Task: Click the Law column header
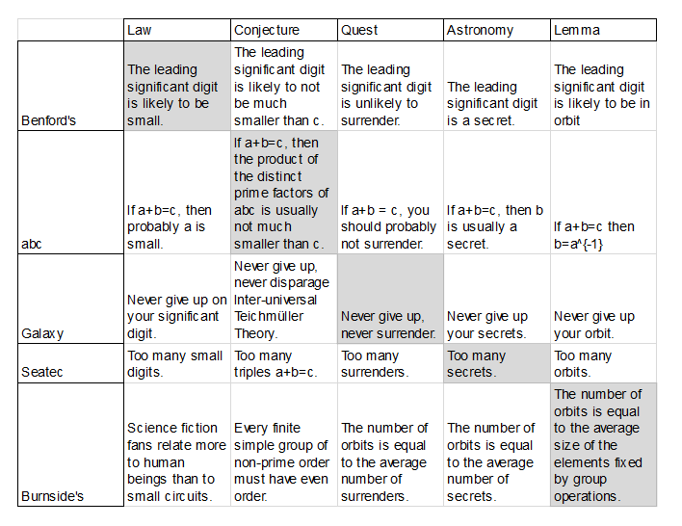pos(140,30)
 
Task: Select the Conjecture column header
pos(267,30)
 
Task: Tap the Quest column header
pos(359,30)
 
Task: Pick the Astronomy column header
pos(480,30)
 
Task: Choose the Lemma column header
pos(577,30)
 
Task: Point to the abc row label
pos(33,244)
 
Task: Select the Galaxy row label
pos(43,333)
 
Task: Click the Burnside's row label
pos(53,496)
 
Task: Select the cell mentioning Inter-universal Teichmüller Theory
pos(283,299)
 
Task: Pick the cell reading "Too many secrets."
pos(495,363)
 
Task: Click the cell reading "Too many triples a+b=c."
pos(283,363)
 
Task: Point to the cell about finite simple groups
pos(283,453)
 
